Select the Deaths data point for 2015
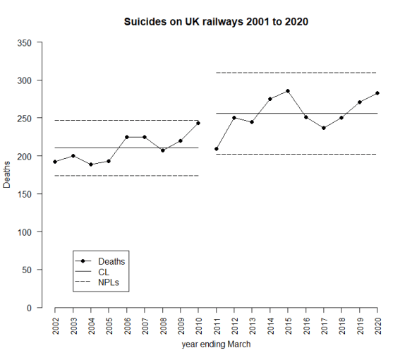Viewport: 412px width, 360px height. tap(288, 91)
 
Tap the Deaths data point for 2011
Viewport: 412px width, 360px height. tap(217, 149)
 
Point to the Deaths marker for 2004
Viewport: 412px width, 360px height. tap(91, 164)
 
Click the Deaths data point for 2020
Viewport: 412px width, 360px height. tap(377, 93)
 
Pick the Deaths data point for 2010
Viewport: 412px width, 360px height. tap(198, 123)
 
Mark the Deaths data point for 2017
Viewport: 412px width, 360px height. tap(324, 128)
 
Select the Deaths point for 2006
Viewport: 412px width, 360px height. tap(127, 137)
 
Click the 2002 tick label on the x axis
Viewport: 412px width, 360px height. tap(56, 328)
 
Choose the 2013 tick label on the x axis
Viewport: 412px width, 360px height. tap(252, 328)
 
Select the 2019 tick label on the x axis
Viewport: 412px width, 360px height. tap(359, 328)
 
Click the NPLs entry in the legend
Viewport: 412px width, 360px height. tap(109, 282)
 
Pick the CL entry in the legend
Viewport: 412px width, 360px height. tap(104, 272)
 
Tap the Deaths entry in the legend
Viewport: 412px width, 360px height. tap(111, 261)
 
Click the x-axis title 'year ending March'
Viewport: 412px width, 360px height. tap(216, 345)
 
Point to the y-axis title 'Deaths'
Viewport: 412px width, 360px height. tap(8, 175)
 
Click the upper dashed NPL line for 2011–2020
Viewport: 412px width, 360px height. tap(296, 73)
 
